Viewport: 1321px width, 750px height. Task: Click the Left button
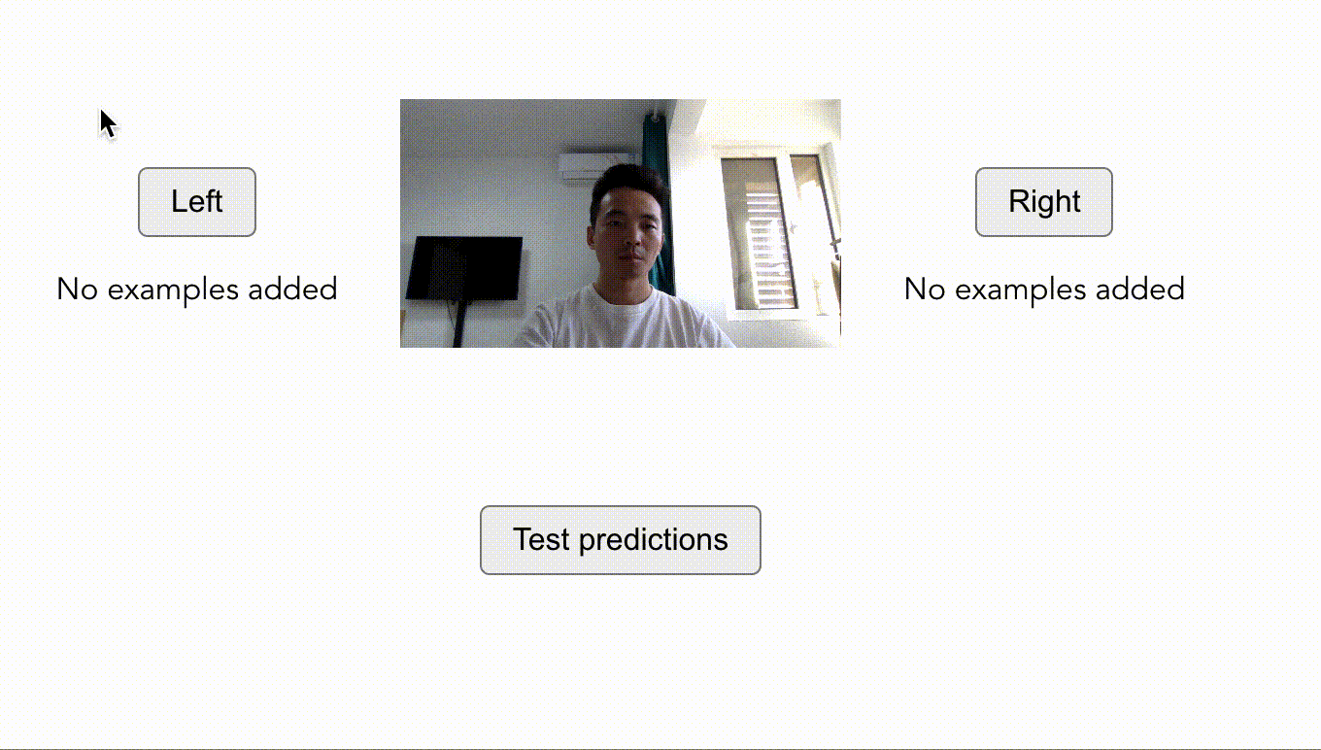(197, 202)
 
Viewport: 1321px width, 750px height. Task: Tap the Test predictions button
(621, 539)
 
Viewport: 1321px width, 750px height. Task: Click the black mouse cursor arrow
(108, 123)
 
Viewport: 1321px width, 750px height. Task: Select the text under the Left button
(197, 289)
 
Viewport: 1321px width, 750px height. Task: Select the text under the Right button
(1044, 289)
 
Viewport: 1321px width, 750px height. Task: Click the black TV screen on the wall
(464, 268)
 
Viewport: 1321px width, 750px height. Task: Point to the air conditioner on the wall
(593, 165)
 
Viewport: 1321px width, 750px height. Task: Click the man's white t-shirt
(623, 321)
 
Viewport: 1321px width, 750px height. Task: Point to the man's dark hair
(628, 182)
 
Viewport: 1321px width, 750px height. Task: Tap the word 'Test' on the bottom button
(541, 539)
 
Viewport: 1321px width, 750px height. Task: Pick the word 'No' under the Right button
(925, 289)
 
